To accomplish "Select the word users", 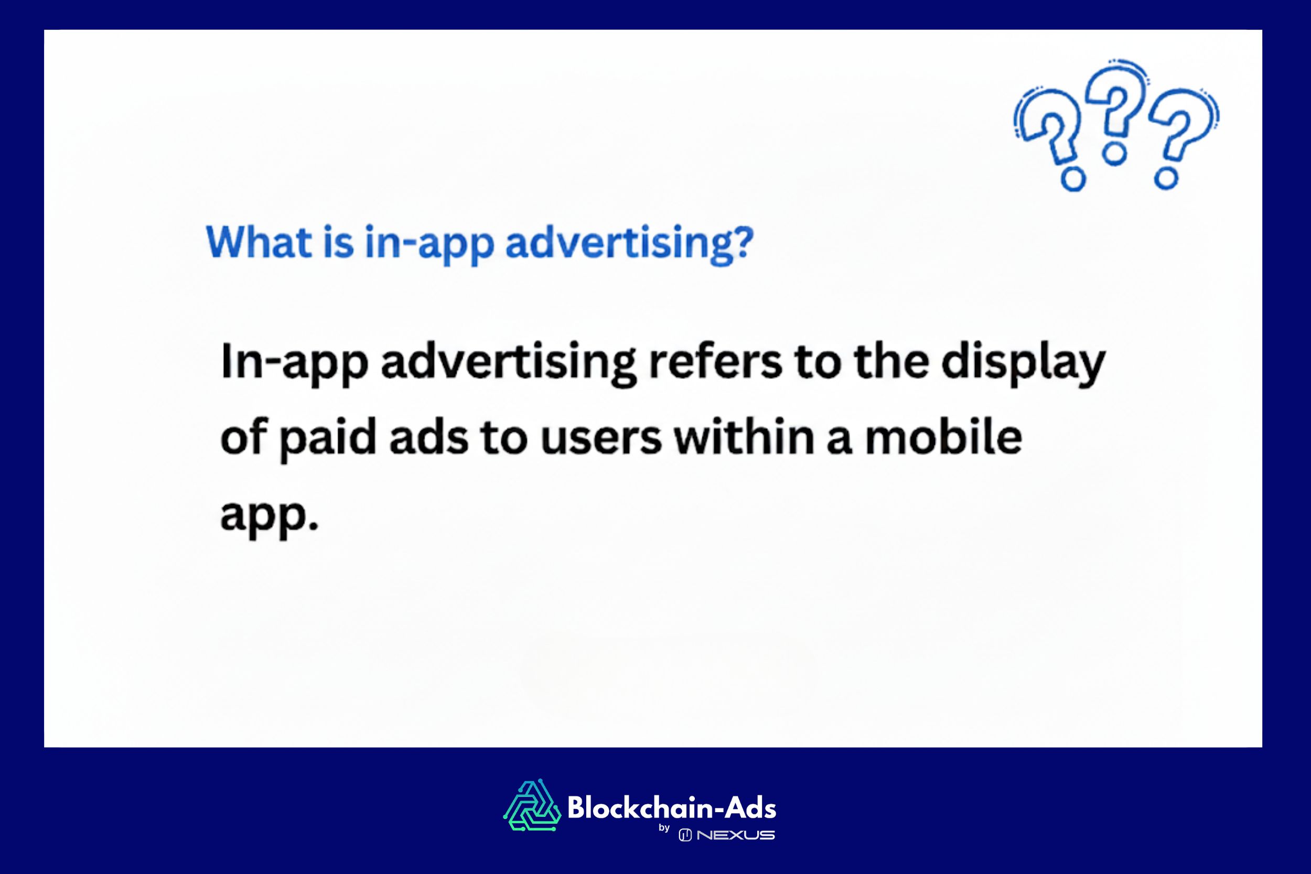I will [x=601, y=438].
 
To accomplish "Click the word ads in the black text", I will [x=428, y=437].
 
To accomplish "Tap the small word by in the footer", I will [x=664, y=828].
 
